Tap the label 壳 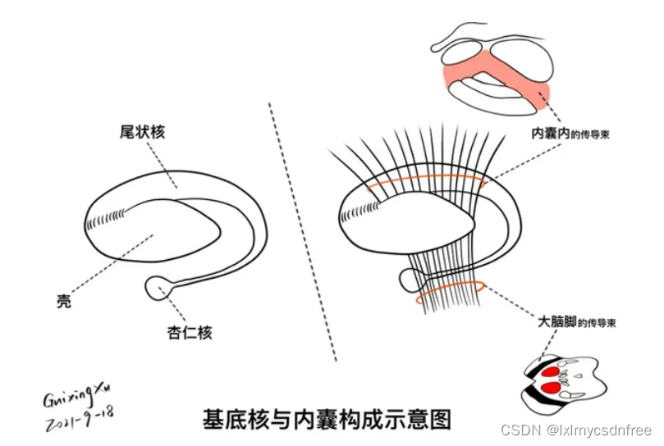tap(64, 301)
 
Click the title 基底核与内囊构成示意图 tap(327, 419)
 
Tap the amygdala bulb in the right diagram tap(410, 280)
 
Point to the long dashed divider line tap(304, 230)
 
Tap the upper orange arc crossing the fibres tap(427, 177)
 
